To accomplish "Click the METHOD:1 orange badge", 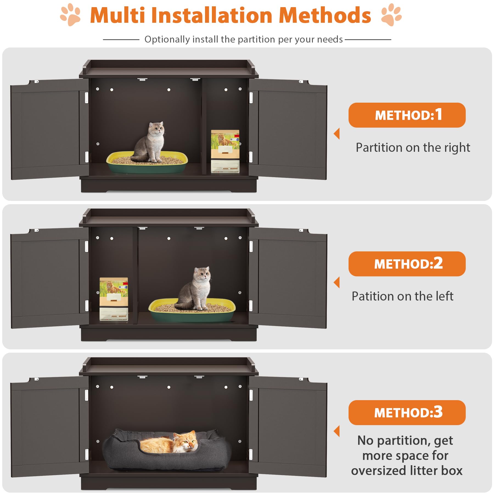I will (x=407, y=115).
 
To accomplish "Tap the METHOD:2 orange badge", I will (x=407, y=264).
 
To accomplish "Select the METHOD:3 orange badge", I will (x=407, y=412).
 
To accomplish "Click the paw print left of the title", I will (x=70, y=15).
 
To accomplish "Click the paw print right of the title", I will (x=391, y=15).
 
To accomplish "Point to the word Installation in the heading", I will (x=212, y=15).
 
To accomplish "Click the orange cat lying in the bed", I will (x=172, y=443).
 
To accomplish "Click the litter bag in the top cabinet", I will (x=225, y=151).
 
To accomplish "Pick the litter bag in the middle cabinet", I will (x=114, y=299).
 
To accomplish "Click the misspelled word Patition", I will (x=368, y=296).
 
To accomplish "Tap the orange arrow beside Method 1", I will (x=337, y=134).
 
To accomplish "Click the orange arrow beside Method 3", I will (x=337, y=431).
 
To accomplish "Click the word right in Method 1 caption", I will (x=457, y=148).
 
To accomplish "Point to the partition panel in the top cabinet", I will (x=204, y=126).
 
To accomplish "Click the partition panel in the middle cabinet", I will (x=136, y=274).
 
